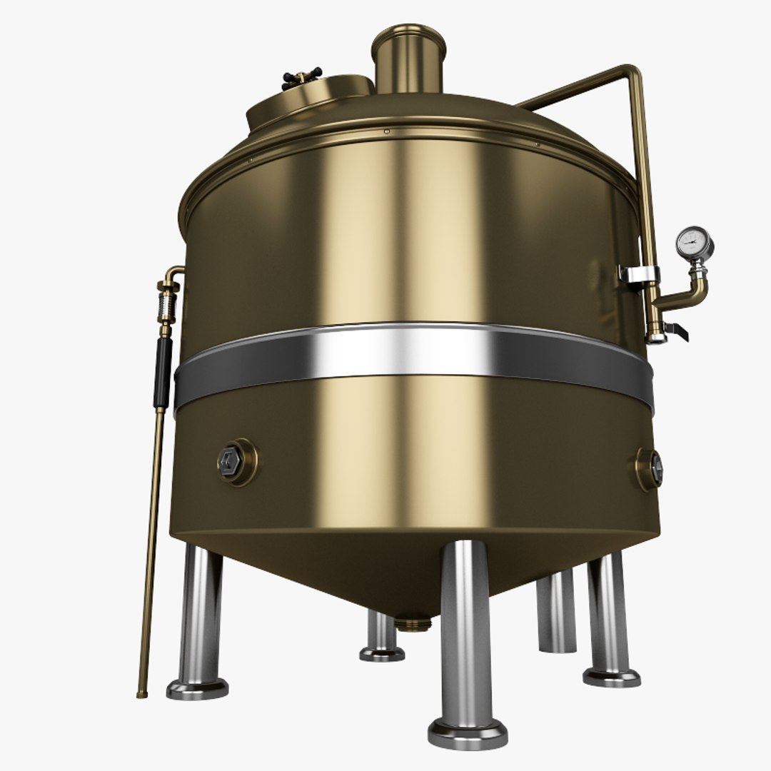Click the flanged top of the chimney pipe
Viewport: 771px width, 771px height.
pyautogui.click(x=408, y=37)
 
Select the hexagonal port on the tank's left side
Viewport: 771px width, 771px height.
pyautogui.click(x=232, y=461)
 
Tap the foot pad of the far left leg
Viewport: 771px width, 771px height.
pyautogui.click(x=198, y=688)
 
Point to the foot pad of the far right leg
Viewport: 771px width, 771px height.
pyautogui.click(x=612, y=675)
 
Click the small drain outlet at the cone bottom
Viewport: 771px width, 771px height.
pyautogui.click(x=412, y=623)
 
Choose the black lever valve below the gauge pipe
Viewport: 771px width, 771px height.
pyautogui.click(x=675, y=331)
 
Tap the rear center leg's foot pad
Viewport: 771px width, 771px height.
pyautogui.click(x=382, y=652)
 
